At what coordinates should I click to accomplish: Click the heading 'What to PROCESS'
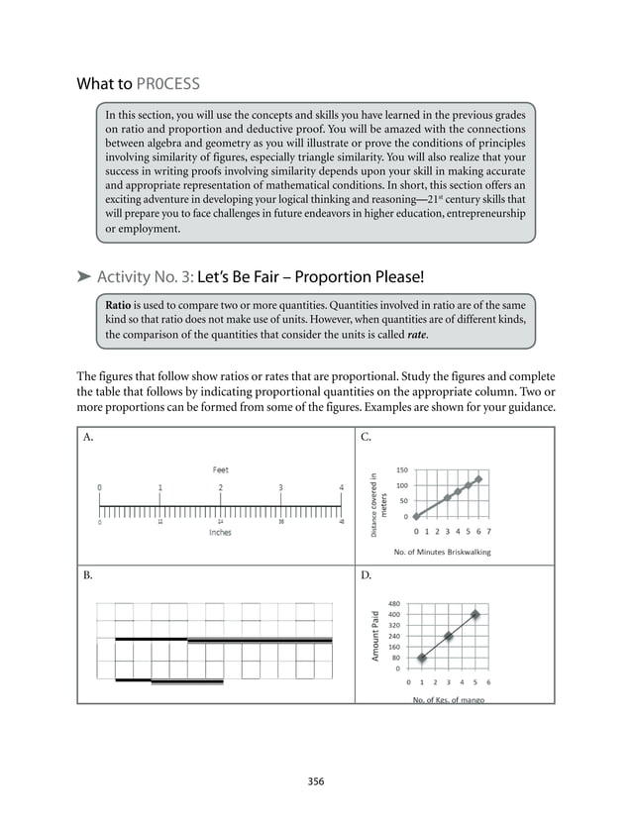[x=145, y=83]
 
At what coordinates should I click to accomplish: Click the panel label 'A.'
[x=89, y=436]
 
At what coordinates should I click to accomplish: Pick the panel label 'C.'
[x=367, y=436]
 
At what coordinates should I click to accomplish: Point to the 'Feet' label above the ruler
[x=220, y=469]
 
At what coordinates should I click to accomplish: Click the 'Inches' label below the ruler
[x=220, y=532]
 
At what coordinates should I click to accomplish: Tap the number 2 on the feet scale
[x=221, y=487]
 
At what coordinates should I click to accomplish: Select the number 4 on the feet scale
[x=342, y=487]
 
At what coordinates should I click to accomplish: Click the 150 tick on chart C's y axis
[x=401, y=470]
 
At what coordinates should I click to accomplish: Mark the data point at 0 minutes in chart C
[x=416, y=516]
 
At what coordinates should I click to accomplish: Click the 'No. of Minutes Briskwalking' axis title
[x=442, y=552]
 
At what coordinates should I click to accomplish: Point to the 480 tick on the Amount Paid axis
[x=393, y=603]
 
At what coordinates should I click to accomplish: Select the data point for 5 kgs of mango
[x=475, y=614]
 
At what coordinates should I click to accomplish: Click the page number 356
[x=316, y=781]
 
